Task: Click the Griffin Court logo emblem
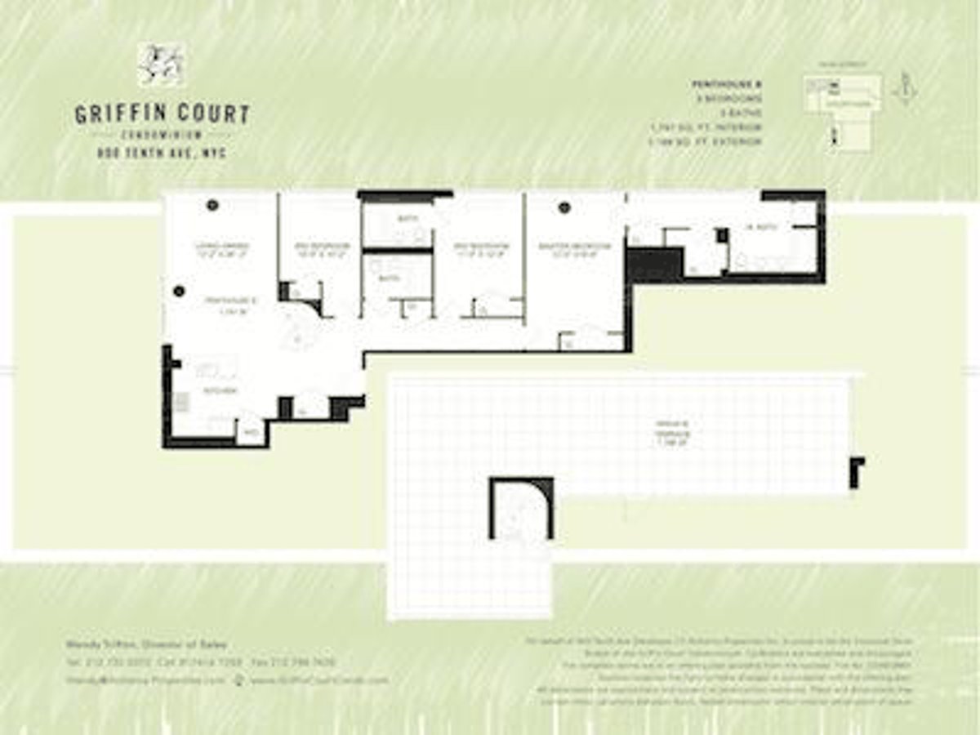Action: point(161,65)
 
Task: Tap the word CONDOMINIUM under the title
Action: point(163,135)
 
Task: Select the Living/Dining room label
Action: point(221,247)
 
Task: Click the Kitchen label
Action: point(220,391)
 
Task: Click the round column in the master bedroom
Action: point(563,207)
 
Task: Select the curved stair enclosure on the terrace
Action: point(521,509)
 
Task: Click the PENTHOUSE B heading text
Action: point(726,84)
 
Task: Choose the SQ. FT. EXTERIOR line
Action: point(706,142)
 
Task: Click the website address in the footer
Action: point(318,679)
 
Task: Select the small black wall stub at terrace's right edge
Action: point(855,472)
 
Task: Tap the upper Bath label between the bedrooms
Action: point(408,219)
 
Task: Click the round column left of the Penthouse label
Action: point(179,290)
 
